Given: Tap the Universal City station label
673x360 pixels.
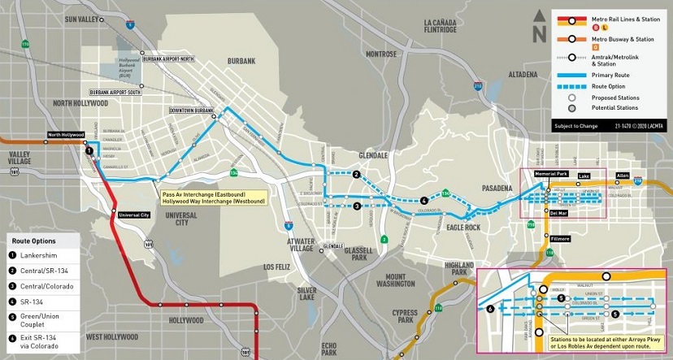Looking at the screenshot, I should pos(135,215).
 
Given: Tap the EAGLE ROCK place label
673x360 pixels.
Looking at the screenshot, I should pos(463,228).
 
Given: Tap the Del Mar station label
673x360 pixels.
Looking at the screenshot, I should pos(548,212).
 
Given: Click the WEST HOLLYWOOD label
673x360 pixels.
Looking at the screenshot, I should pos(115,337).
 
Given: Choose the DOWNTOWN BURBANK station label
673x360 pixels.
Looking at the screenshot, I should pos(191,110).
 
